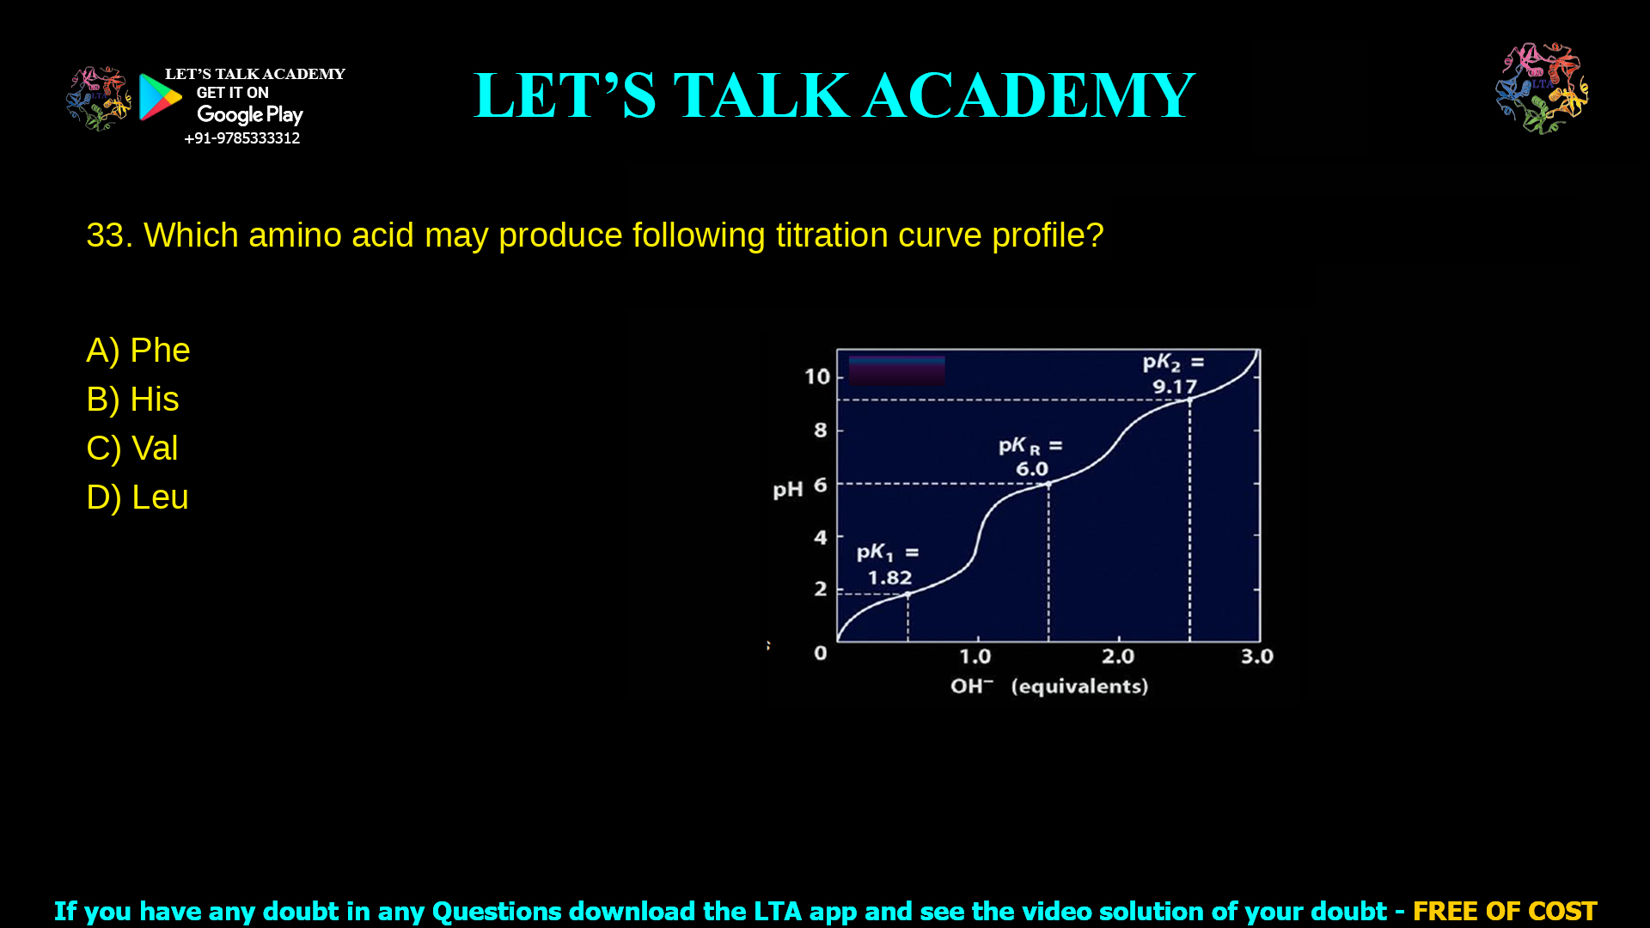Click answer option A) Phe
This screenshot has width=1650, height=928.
point(138,351)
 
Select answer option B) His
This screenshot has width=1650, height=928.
point(132,400)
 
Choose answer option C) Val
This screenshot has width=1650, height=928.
point(132,449)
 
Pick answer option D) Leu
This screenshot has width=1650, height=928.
point(137,498)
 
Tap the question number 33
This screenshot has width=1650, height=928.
point(108,235)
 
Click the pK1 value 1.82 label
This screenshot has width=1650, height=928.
point(889,578)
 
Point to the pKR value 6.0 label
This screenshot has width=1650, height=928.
point(1032,469)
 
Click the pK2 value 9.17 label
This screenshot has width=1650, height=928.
point(1175,387)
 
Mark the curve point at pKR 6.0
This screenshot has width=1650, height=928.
point(1048,485)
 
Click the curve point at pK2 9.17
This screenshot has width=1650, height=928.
point(1190,400)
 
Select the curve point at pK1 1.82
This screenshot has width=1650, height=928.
point(908,594)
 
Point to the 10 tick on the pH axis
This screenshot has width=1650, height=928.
point(817,376)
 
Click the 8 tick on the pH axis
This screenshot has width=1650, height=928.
point(821,430)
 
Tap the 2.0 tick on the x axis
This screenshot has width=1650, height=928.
point(1118,656)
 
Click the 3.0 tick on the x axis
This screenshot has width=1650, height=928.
point(1257,656)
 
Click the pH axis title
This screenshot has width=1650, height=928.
point(787,490)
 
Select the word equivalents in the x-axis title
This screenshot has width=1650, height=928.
point(1079,687)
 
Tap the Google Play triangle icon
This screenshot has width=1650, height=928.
point(160,97)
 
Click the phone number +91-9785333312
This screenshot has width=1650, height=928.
point(241,138)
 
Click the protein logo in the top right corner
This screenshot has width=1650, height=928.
point(1542,89)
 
